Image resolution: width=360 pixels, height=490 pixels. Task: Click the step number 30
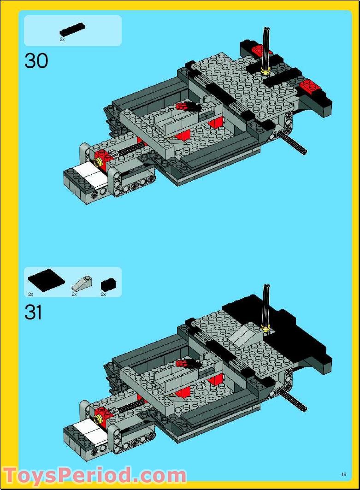tap(36, 61)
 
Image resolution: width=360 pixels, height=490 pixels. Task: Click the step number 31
tap(33, 313)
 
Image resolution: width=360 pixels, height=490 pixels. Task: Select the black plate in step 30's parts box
tap(72, 29)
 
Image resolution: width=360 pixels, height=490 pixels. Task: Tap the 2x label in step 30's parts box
tap(62, 40)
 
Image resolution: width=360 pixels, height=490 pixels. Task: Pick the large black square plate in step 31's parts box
tap(46, 281)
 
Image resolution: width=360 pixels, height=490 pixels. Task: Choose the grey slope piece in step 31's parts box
tap(82, 283)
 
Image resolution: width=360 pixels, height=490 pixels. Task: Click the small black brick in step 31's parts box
tap(108, 283)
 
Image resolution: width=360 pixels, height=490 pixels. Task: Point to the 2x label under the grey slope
tap(74, 294)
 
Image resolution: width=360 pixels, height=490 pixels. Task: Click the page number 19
tap(344, 474)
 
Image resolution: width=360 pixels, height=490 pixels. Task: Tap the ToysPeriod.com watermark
tap(94, 475)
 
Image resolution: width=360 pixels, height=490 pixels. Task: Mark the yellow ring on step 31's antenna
tap(265, 327)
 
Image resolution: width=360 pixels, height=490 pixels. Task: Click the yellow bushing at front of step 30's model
tap(98, 162)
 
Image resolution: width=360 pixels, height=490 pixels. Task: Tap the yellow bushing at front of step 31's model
tap(98, 419)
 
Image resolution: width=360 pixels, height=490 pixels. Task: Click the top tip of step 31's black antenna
tap(266, 287)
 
